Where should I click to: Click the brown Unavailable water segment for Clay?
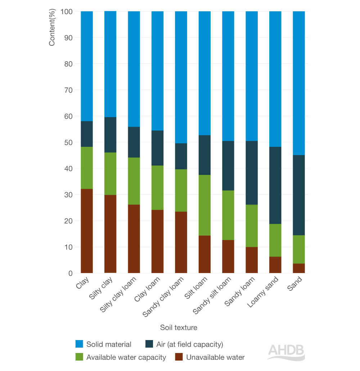(87, 231)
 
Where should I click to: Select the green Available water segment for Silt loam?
(204, 205)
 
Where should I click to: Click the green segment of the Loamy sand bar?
(275, 240)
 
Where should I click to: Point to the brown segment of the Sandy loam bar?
(252, 260)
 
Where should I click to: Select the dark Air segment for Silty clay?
(110, 135)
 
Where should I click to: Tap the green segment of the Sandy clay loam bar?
(181, 190)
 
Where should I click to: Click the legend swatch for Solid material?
(79, 344)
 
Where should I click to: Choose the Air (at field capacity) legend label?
(190, 344)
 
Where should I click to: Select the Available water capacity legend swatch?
(79, 357)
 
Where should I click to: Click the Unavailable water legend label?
(215, 357)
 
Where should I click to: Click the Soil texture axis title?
(179, 327)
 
